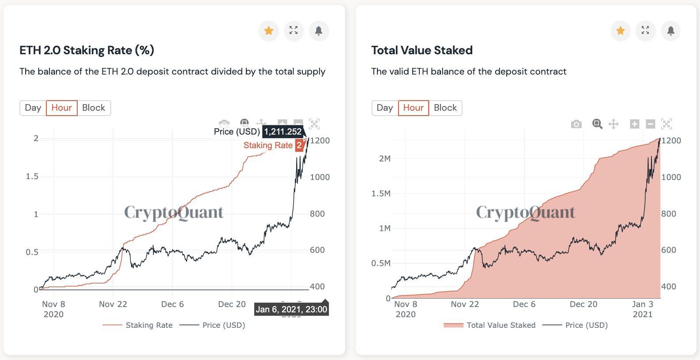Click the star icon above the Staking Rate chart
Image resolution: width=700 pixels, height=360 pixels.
tap(268, 30)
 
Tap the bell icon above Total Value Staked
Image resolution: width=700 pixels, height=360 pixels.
tap(670, 30)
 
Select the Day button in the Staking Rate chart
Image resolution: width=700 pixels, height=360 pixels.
tap(33, 108)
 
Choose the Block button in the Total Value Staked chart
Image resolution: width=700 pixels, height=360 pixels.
tap(445, 108)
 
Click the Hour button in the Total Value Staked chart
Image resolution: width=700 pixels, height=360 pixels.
tap(413, 108)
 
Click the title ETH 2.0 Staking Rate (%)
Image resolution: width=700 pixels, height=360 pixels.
tap(87, 50)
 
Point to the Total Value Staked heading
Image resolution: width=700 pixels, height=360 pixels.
tap(422, 50)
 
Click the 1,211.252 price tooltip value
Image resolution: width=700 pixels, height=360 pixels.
tap(283, 131)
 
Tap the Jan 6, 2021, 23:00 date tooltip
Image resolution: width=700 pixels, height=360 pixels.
tap(291, 309)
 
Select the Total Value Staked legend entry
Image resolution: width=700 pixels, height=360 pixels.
tap(501, 325)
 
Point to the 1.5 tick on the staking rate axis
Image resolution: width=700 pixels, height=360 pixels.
tap(32, 176)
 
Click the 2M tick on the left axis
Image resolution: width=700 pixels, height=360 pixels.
tap(384, 159)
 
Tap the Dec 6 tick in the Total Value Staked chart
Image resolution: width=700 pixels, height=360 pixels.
tap(524, 304)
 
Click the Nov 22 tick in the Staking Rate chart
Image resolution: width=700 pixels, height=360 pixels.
tap(113, 304)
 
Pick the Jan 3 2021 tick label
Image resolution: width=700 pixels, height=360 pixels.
tap(642, 309)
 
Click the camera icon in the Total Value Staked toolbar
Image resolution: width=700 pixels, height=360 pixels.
tap(576, 124)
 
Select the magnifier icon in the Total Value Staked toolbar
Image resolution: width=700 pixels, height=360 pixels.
tap(597, 124)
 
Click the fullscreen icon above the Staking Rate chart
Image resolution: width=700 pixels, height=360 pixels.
tap(294, 30)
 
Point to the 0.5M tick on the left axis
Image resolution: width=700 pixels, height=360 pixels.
tap(381, 263)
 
